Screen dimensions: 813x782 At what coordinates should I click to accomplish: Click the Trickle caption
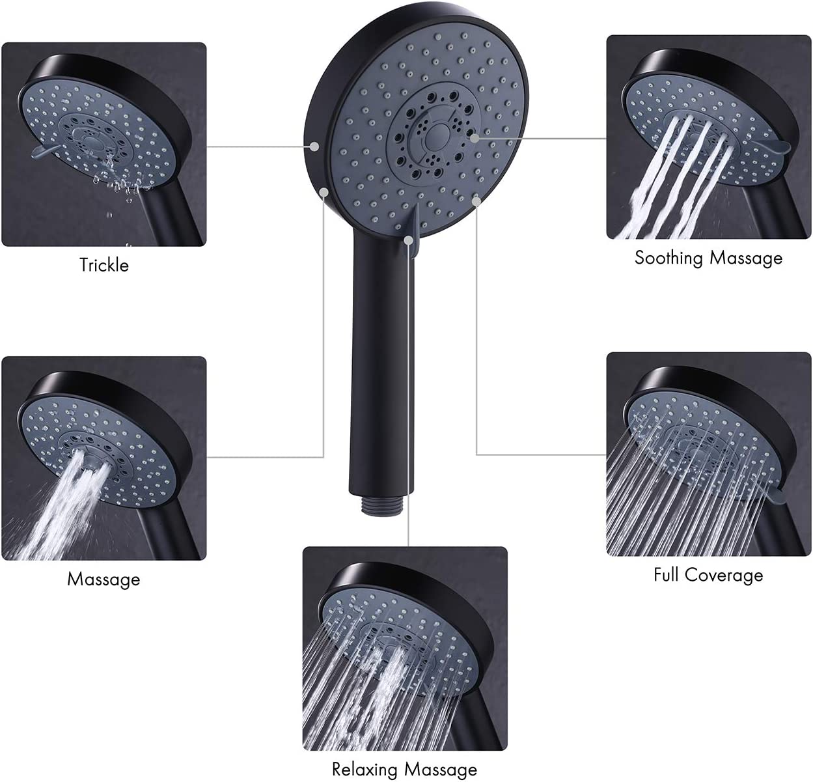pos(104,265)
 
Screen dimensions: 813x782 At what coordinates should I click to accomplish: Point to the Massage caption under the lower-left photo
pos(103,580)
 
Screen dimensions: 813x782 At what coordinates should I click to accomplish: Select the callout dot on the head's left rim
pos(314,147)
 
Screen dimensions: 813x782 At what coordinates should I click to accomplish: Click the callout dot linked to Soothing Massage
pos(474,137)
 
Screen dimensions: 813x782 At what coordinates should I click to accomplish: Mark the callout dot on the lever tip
pos(409,240)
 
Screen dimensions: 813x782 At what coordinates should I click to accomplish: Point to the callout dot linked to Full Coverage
pos(476,201)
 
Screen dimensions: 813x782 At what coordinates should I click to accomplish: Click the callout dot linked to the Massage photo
pos(324,191)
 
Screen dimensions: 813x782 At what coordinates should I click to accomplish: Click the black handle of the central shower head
pos(382,363)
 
